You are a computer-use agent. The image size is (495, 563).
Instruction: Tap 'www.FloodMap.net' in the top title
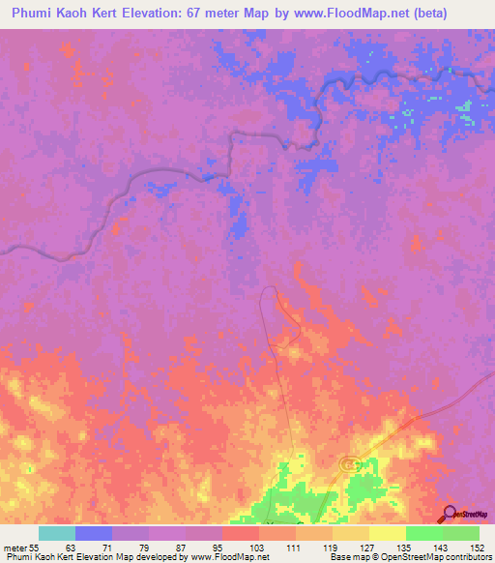click(x=335, y=13)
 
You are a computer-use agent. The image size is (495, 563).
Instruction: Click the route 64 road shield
click(x=349, y=465)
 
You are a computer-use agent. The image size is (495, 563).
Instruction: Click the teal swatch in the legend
click(x=56, y=533)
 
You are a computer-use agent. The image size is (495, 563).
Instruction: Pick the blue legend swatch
click(x=93, y=533)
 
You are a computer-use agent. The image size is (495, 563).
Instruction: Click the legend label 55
click(x=33, y=547)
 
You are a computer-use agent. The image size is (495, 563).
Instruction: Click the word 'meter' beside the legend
click(x=14, y=547)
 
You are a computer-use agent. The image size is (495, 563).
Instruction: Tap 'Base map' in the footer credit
click(x=348, y=557)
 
